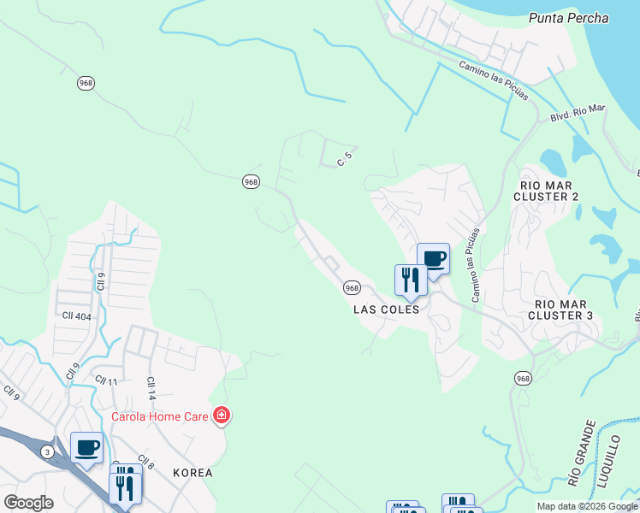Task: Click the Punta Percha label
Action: pyautogui.click(x=568, y=18)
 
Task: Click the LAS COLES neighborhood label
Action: pyautogui.click(x=387, y=310)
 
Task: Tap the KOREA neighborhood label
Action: pyautogui.click(x=193, y=472)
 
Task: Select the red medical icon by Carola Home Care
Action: pyautogui.click(x=222, y=416)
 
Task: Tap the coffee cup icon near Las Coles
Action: pyautogui.click(x=433, y=259)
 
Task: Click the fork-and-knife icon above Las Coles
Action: pyautogui.click(x=411, y=279)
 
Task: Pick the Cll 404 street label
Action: pyautogui.click(x=76, y=315)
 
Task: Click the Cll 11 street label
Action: pyautogui.click(x=105, y=380)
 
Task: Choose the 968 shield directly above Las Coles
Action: pyautogui.click(x=352, y=288)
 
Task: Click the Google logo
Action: pyautogui.click(x=28, y=503)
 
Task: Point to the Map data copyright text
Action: pyautogui.click(x=586, y=506)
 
